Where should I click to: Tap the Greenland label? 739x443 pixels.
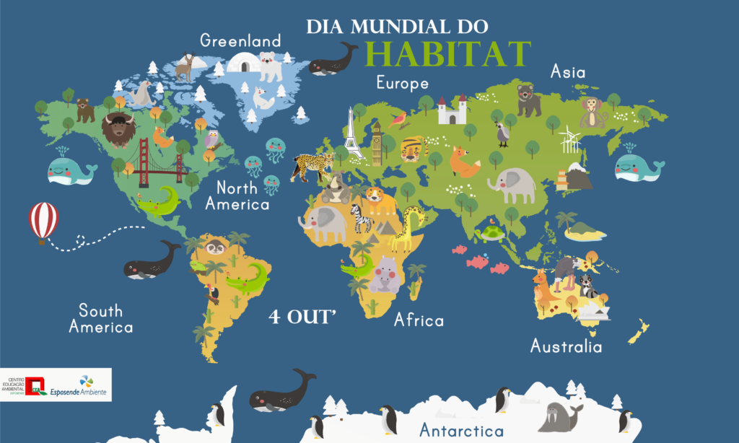tap(240, 40)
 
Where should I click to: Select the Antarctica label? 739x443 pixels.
tap(461, 431)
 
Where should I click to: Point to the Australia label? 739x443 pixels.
tap(566, 346)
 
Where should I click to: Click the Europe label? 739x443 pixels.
tap(402, 83)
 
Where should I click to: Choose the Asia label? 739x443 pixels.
tap(568, 71)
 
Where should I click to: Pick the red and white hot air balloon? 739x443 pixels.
tap(43, 221)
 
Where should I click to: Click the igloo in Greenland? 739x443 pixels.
tap(242, 63)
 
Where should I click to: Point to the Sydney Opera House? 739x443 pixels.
tap(594, 310)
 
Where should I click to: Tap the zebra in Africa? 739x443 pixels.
tap(360, 217)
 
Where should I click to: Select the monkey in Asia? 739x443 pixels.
tap(592, 113)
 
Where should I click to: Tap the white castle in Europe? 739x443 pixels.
tap(452, 110)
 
